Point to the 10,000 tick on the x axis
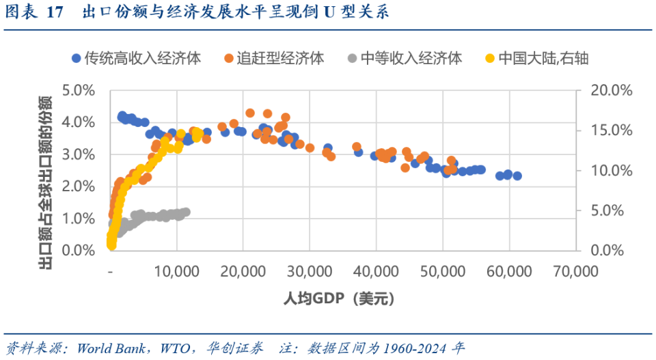pos(177,272)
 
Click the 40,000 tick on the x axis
pos(376,272)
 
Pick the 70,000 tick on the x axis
pos(575,272)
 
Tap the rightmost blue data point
pos(517,176)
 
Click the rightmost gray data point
pos(186,212)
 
